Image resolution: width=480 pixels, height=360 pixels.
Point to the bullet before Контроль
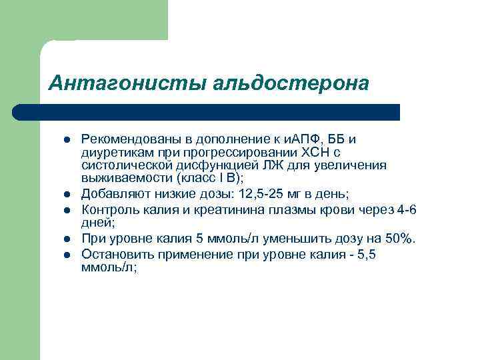(67, 211)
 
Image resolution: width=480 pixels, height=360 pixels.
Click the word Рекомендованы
(131, 139)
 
